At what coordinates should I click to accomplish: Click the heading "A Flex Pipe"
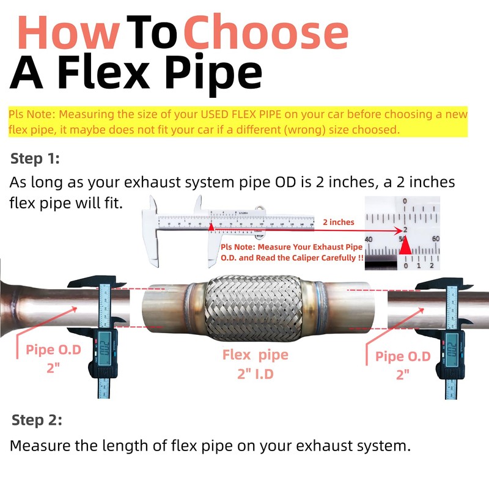pyautogui.click(x=136, y=73)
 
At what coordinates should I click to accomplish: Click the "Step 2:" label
pyautogui.click(x=37, y=421)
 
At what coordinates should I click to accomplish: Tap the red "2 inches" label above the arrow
pyautogui.click(x=338, y=222)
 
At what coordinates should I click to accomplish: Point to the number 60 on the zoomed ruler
pyautogui.click(x=435, y=239)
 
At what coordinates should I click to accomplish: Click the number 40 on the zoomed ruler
pyautogui.click(x=369, y=239)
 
